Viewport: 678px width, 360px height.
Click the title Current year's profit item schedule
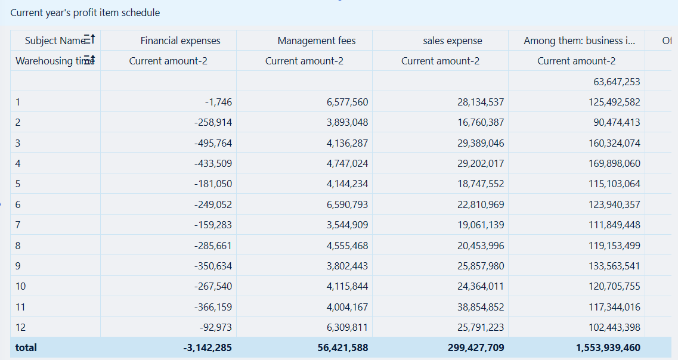point(85,13)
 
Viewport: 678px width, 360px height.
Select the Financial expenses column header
point(180,41)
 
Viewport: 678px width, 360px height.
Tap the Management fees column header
point(316,41)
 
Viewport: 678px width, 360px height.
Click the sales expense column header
point(452,41)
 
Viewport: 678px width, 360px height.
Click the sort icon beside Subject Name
point(89,40)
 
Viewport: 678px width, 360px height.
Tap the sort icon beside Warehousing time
point(89,60)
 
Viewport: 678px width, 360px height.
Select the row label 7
point(18,225)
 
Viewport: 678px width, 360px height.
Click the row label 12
point(21,327)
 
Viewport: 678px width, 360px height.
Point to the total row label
point(26,347)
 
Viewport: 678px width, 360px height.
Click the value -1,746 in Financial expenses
point(218,102)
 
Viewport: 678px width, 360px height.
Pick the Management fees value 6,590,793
point(347,204)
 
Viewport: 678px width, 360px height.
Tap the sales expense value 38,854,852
point(481,307)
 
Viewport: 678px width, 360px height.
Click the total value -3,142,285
point(207,347)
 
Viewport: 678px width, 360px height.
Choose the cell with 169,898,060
point(614,163)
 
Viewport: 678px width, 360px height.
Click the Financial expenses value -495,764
point(213,143)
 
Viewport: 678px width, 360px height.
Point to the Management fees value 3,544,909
point(347,225)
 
